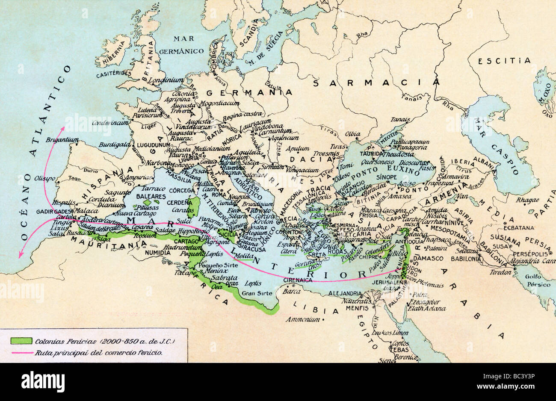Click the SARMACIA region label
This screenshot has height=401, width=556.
[376, 83]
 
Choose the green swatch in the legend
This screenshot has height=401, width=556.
[21, 341]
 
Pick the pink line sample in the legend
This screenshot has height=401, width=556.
[21, 353]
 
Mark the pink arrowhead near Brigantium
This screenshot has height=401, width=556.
[63, 129]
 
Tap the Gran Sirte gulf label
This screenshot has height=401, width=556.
[254, 293]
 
